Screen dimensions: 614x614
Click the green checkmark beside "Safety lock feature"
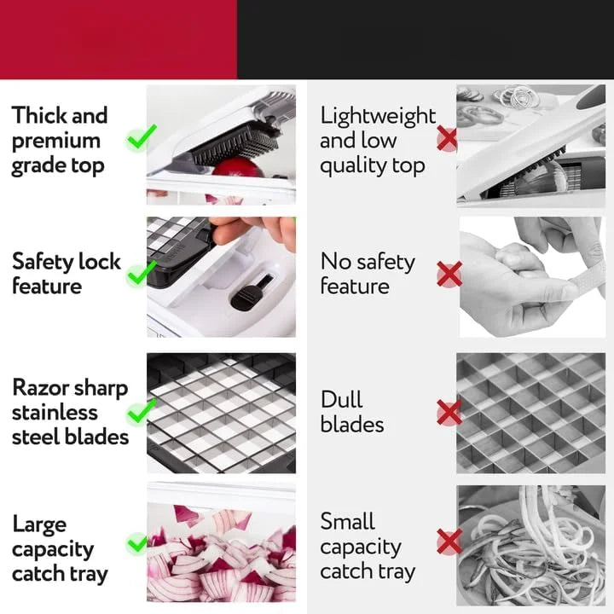pyautogui.click(x=140, y=275)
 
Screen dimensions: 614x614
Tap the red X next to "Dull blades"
pyautogui.click(x=449, y=413)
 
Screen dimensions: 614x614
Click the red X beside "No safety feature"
pyautogui.click(x=449, y=274)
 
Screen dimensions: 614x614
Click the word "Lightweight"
pyautogui.click(x=378, y=116)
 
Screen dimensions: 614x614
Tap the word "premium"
pyautogui.click(x=55, y=141)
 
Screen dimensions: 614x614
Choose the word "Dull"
pyautogui.click(x=342, y=400)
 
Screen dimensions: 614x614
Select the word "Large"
pyautogui.click(x=39, y=524)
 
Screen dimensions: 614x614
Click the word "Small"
pyautogui.click(x=348, y=521)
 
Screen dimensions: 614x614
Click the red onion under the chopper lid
pyautogui.click(x=237, y=166)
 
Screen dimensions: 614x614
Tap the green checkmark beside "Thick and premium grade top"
pyautogui.click(x=142, y=137)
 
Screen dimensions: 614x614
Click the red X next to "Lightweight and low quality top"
pyautogui.click(x=448, y=138)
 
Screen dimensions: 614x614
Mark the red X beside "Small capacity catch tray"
pyautogui.click(x=449, y=541)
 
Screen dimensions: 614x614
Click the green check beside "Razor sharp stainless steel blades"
pyautogui.click(x=139, y=414)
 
